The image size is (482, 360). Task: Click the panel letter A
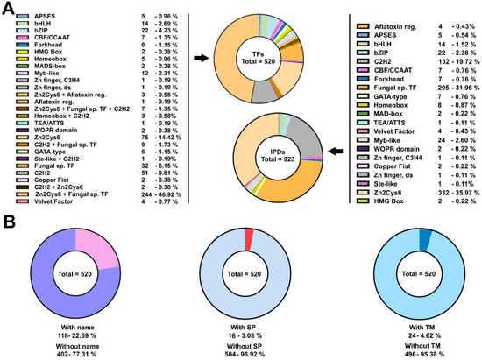click(6, 8)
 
